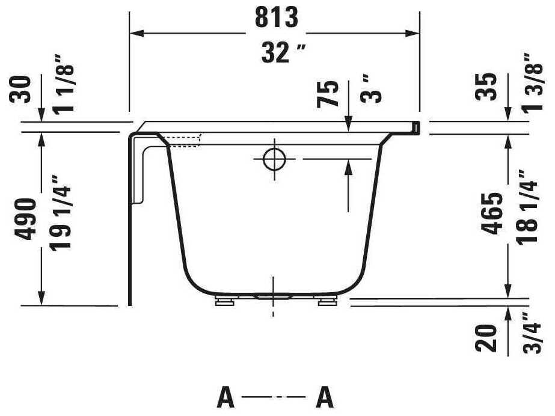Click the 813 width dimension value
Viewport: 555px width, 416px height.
coord(276,19)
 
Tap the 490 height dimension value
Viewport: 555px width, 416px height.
coord(26,218)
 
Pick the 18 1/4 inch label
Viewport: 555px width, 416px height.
coord(527,208)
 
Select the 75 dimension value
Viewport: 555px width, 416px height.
coord(328,94)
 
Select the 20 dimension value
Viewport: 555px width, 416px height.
coord(492,338)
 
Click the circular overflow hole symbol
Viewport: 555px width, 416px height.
coord(274,159)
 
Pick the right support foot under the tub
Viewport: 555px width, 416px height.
coord(328,301)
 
